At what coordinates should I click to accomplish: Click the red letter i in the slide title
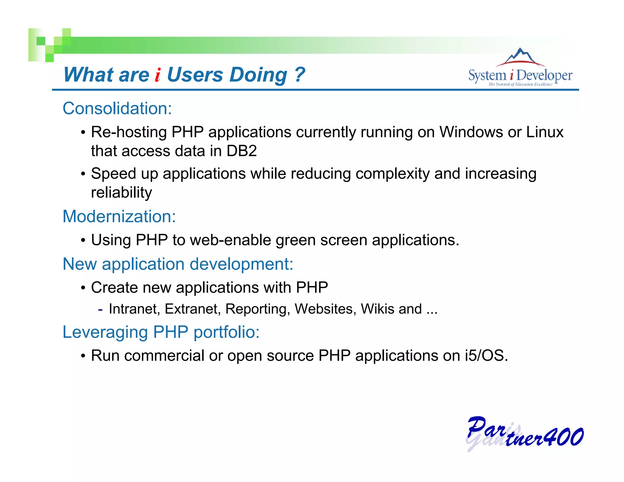click(158, 75)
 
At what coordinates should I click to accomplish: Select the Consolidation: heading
click(117, 108)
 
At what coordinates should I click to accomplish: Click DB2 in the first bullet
click(242, 151)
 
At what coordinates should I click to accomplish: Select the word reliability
click(122, 193)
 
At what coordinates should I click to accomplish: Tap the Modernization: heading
click(119, 217)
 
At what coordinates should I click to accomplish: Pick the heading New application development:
click(178, 264)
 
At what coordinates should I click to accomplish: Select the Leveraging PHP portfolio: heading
click(161, 332)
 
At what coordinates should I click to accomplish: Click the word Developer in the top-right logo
click(544, 76)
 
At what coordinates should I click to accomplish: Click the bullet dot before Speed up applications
click(83, 174)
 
